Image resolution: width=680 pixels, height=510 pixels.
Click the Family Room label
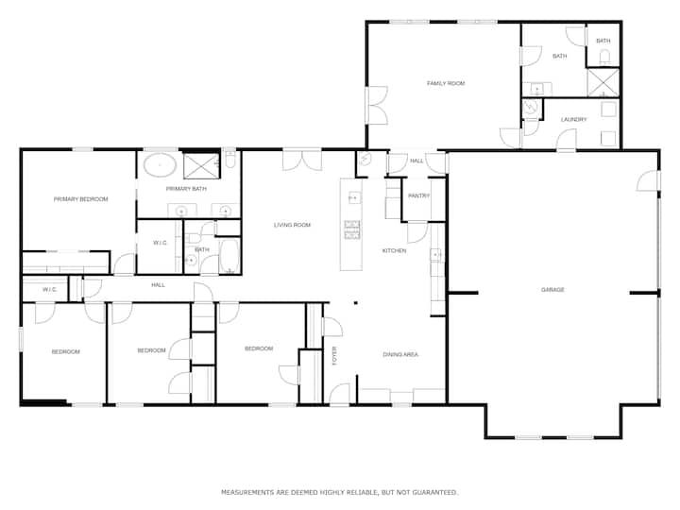pyautogui.click(x=446, y=83)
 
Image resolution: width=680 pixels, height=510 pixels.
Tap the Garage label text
pyautogui.click(x=552, y=290)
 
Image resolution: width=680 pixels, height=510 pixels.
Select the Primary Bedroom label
pyautogui.click(x=80, y=199)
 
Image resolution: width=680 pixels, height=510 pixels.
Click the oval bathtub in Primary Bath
pyautogui.click(x=160, y=164)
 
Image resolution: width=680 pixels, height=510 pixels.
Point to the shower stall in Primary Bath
pyautogui.click(x=201, y=165)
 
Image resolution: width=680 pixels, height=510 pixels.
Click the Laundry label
pyautogui.click(x=573, y=119)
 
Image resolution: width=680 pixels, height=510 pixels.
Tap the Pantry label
pyautogui.click(x=418, y=196)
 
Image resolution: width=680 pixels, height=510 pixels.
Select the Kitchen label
pyautogui.click(x=394, y=250)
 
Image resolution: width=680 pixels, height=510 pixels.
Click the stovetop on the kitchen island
pyautogui.click(x=351, y=229)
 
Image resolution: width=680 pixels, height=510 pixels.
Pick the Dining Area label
pyautogui.click(x=400, y=355)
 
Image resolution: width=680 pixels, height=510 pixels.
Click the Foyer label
pyautogui.click(x=334, y=356)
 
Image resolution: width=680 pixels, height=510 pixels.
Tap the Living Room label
pyautogui.click(x=292, y=225)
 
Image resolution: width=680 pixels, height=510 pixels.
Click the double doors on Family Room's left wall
pyautogui.click(x=376, y=106)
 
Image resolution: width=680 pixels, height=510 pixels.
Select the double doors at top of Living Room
pyautogui.click(x=302, y=160)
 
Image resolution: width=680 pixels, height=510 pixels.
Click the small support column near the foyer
pyautogui.click(x=356, y=303)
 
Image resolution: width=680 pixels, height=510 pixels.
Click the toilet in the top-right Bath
pyautogui.click(x=604, y=57)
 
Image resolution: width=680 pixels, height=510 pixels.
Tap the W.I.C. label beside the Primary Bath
pyautogui.click(x=160, y=243)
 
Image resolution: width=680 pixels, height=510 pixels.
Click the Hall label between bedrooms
pyautogui.click(x=158, y=285)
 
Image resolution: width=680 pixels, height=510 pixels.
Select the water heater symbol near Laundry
pyautogui.click(x=530, y=107)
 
